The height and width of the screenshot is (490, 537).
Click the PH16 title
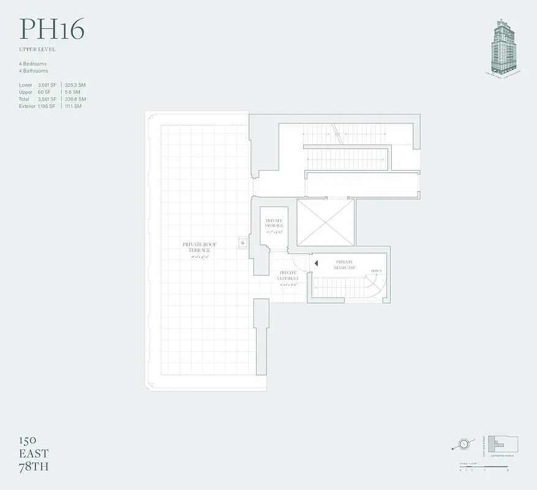[x=51, y=29]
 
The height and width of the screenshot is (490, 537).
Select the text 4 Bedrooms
[x=32, y=64]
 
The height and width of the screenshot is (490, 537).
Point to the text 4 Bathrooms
[x=33, y=70]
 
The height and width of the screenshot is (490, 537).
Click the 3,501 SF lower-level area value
[x=47, y=85]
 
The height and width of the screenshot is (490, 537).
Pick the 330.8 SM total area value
[x=75, y=99]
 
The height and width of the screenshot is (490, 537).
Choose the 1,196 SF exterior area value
[x=47, y=106]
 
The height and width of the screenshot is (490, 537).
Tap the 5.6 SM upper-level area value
[x=73, y=92]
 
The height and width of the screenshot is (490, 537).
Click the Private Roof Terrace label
[x=200, y=247]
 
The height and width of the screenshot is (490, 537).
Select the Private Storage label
[x=274, y=223]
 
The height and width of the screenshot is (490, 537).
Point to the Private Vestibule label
[x=288, y=276]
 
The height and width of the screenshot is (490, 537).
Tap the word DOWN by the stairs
[x=377, y=270]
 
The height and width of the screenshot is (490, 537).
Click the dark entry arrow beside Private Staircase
[x=317, y=263]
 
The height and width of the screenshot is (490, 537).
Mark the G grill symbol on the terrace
[x=242, y=243]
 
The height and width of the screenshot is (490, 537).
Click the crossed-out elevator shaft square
[x=325, y=222]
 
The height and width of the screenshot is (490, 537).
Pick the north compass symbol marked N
[x=465, y=443]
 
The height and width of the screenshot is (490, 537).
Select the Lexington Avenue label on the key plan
[x=501, y=456]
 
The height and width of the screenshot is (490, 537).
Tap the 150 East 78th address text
[x=33, y=453]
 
